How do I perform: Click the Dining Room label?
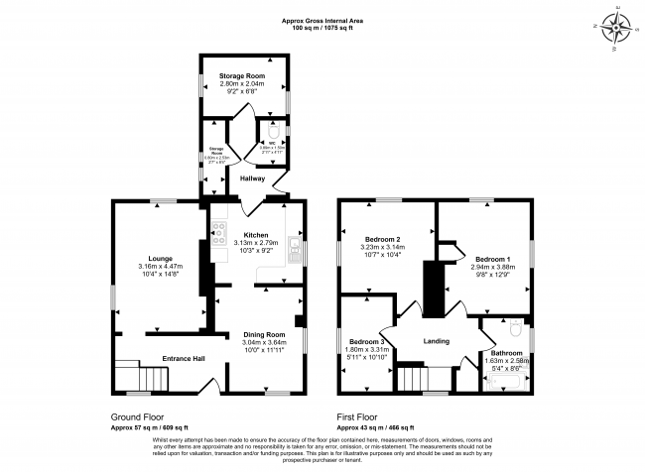(x=264, y=334)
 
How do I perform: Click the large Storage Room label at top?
(x=243, y=77)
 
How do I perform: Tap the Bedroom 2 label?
(x=382, y=240)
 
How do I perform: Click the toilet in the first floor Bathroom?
(x=513, y=326)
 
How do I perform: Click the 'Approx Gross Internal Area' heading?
(x=322, y=20)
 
